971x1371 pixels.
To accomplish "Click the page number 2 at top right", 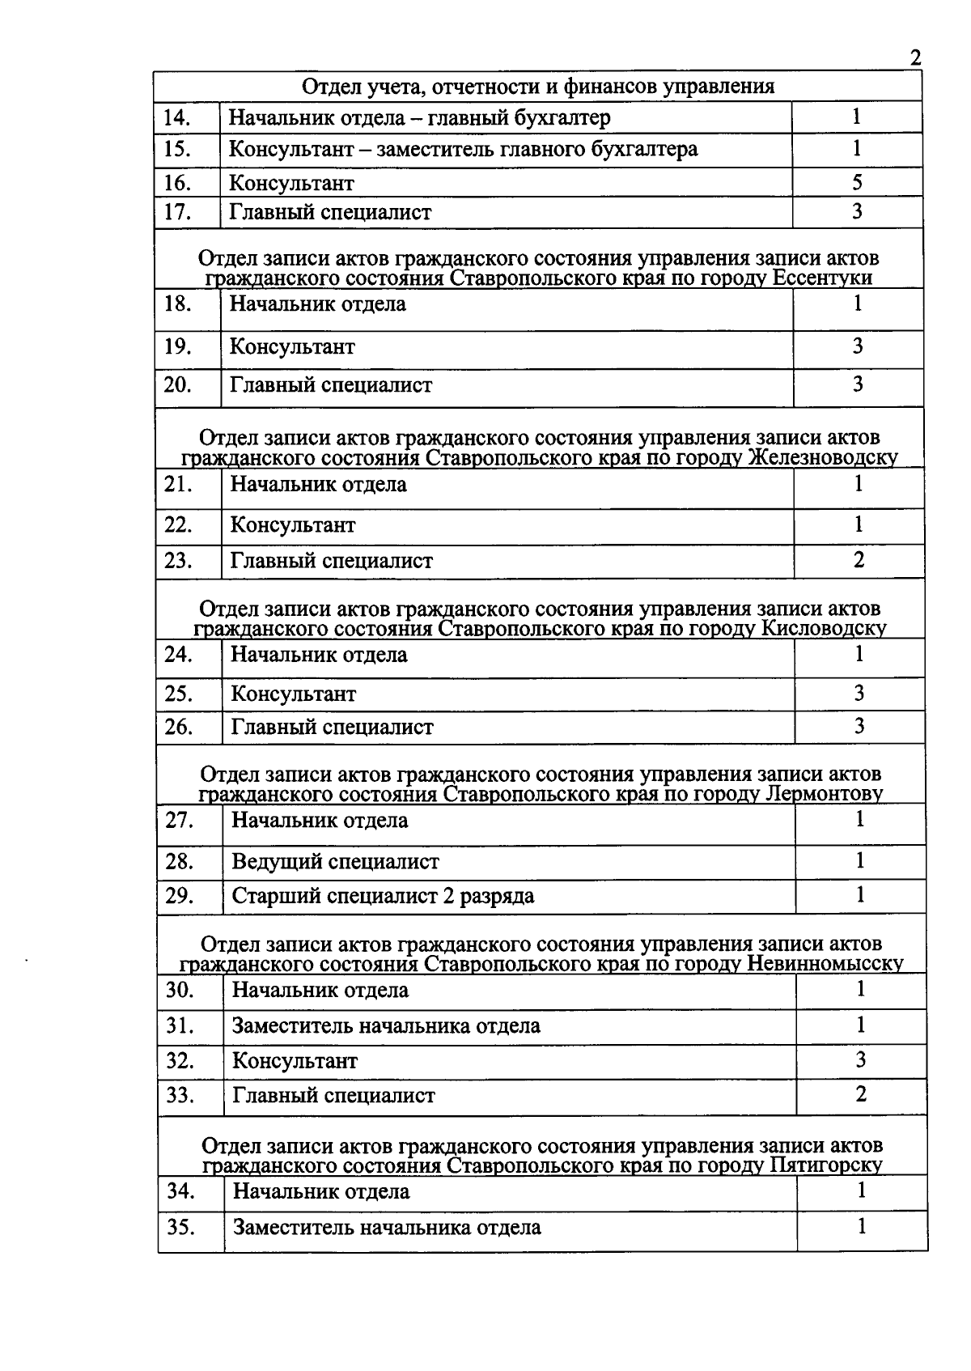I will [x=915, y=58].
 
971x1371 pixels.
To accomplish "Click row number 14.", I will [x=177, y=118].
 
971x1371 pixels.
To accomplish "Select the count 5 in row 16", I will [x=857, y=182].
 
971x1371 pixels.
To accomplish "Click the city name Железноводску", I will [x=822, y=458].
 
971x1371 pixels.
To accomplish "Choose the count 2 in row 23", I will [x=859, y=559].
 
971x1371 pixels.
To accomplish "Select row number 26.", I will [x=179, y=727].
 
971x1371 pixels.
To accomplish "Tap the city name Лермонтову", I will [x=823, y=794].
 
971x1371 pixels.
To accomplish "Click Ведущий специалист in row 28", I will [x=335, y=862].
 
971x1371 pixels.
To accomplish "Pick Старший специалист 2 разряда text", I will [x=383, y=897].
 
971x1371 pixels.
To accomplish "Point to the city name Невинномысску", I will [x=825, y=964].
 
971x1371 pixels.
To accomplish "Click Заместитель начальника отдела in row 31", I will [x=386, y=1026].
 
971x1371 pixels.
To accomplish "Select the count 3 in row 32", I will [x=860, y=1059].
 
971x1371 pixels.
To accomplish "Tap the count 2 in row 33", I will [x=860, y=1094].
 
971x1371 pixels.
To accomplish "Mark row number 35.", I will [x=181, y=1227].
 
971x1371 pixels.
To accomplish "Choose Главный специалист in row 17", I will [x=330, y=213].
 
